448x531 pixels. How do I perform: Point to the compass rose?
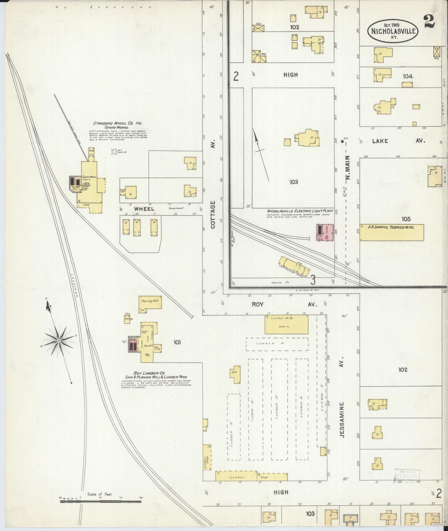pos(59,341)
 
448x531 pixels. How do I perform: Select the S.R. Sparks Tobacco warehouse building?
pos(392,232)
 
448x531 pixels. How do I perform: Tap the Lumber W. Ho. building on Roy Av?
pos(286,324)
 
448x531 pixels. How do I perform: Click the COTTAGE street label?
pos(213,214)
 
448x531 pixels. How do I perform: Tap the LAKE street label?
pos(380,141)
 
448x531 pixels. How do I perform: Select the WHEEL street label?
pos(144,209)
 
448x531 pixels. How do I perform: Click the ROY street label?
pos(257,304)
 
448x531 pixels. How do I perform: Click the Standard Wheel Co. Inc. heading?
pos(118,123)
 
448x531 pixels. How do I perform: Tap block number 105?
pos(406,219)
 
